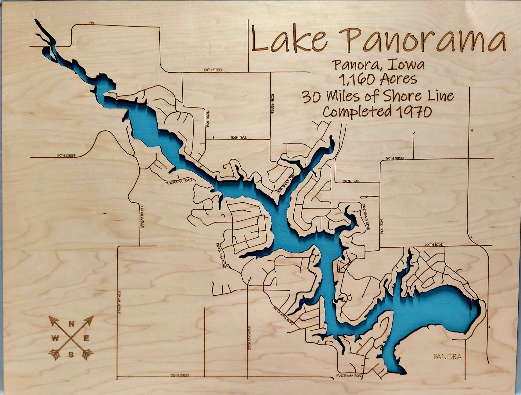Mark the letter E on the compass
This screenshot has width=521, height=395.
pyautogui.click(x=87, y=338)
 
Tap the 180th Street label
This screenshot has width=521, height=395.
pyautogui.click(x=213, y=70)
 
